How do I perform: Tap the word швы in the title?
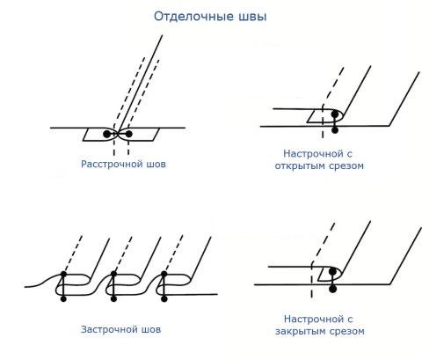[252, 17]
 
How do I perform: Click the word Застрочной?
[109, 329]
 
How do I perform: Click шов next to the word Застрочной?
[151, 330]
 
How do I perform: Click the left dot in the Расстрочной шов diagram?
[107, 134]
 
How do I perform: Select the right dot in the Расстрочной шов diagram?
[128, 134]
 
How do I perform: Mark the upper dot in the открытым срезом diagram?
[335, 114]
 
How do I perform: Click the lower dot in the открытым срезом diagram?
[335, 129]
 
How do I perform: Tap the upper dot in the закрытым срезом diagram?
[332, 271]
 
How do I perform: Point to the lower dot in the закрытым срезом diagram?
[332, 289]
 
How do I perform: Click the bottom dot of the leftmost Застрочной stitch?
[63, 299]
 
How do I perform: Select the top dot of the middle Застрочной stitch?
[113, 274]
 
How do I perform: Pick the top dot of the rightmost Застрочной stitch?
[164, 274]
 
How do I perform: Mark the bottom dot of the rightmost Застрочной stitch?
[164, 299]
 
